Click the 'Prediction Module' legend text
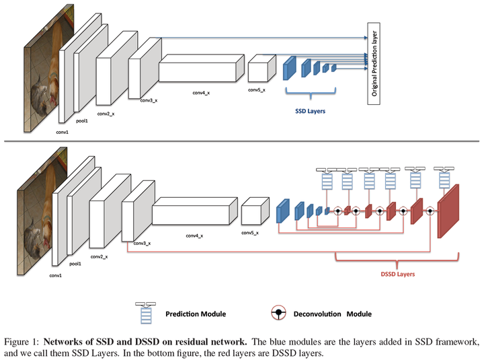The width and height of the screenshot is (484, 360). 196,314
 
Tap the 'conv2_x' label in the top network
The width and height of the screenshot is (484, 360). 106,114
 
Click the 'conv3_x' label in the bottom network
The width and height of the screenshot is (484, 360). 141,243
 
